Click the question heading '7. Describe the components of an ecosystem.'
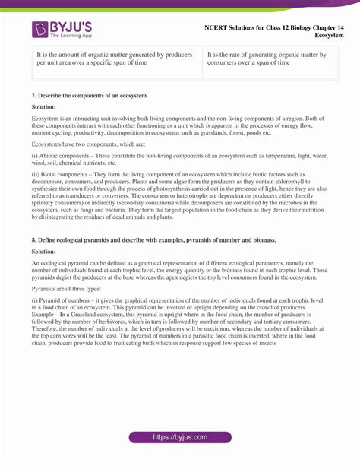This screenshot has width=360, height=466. (90, 96)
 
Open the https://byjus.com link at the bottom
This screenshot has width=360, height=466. (180, 437)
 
